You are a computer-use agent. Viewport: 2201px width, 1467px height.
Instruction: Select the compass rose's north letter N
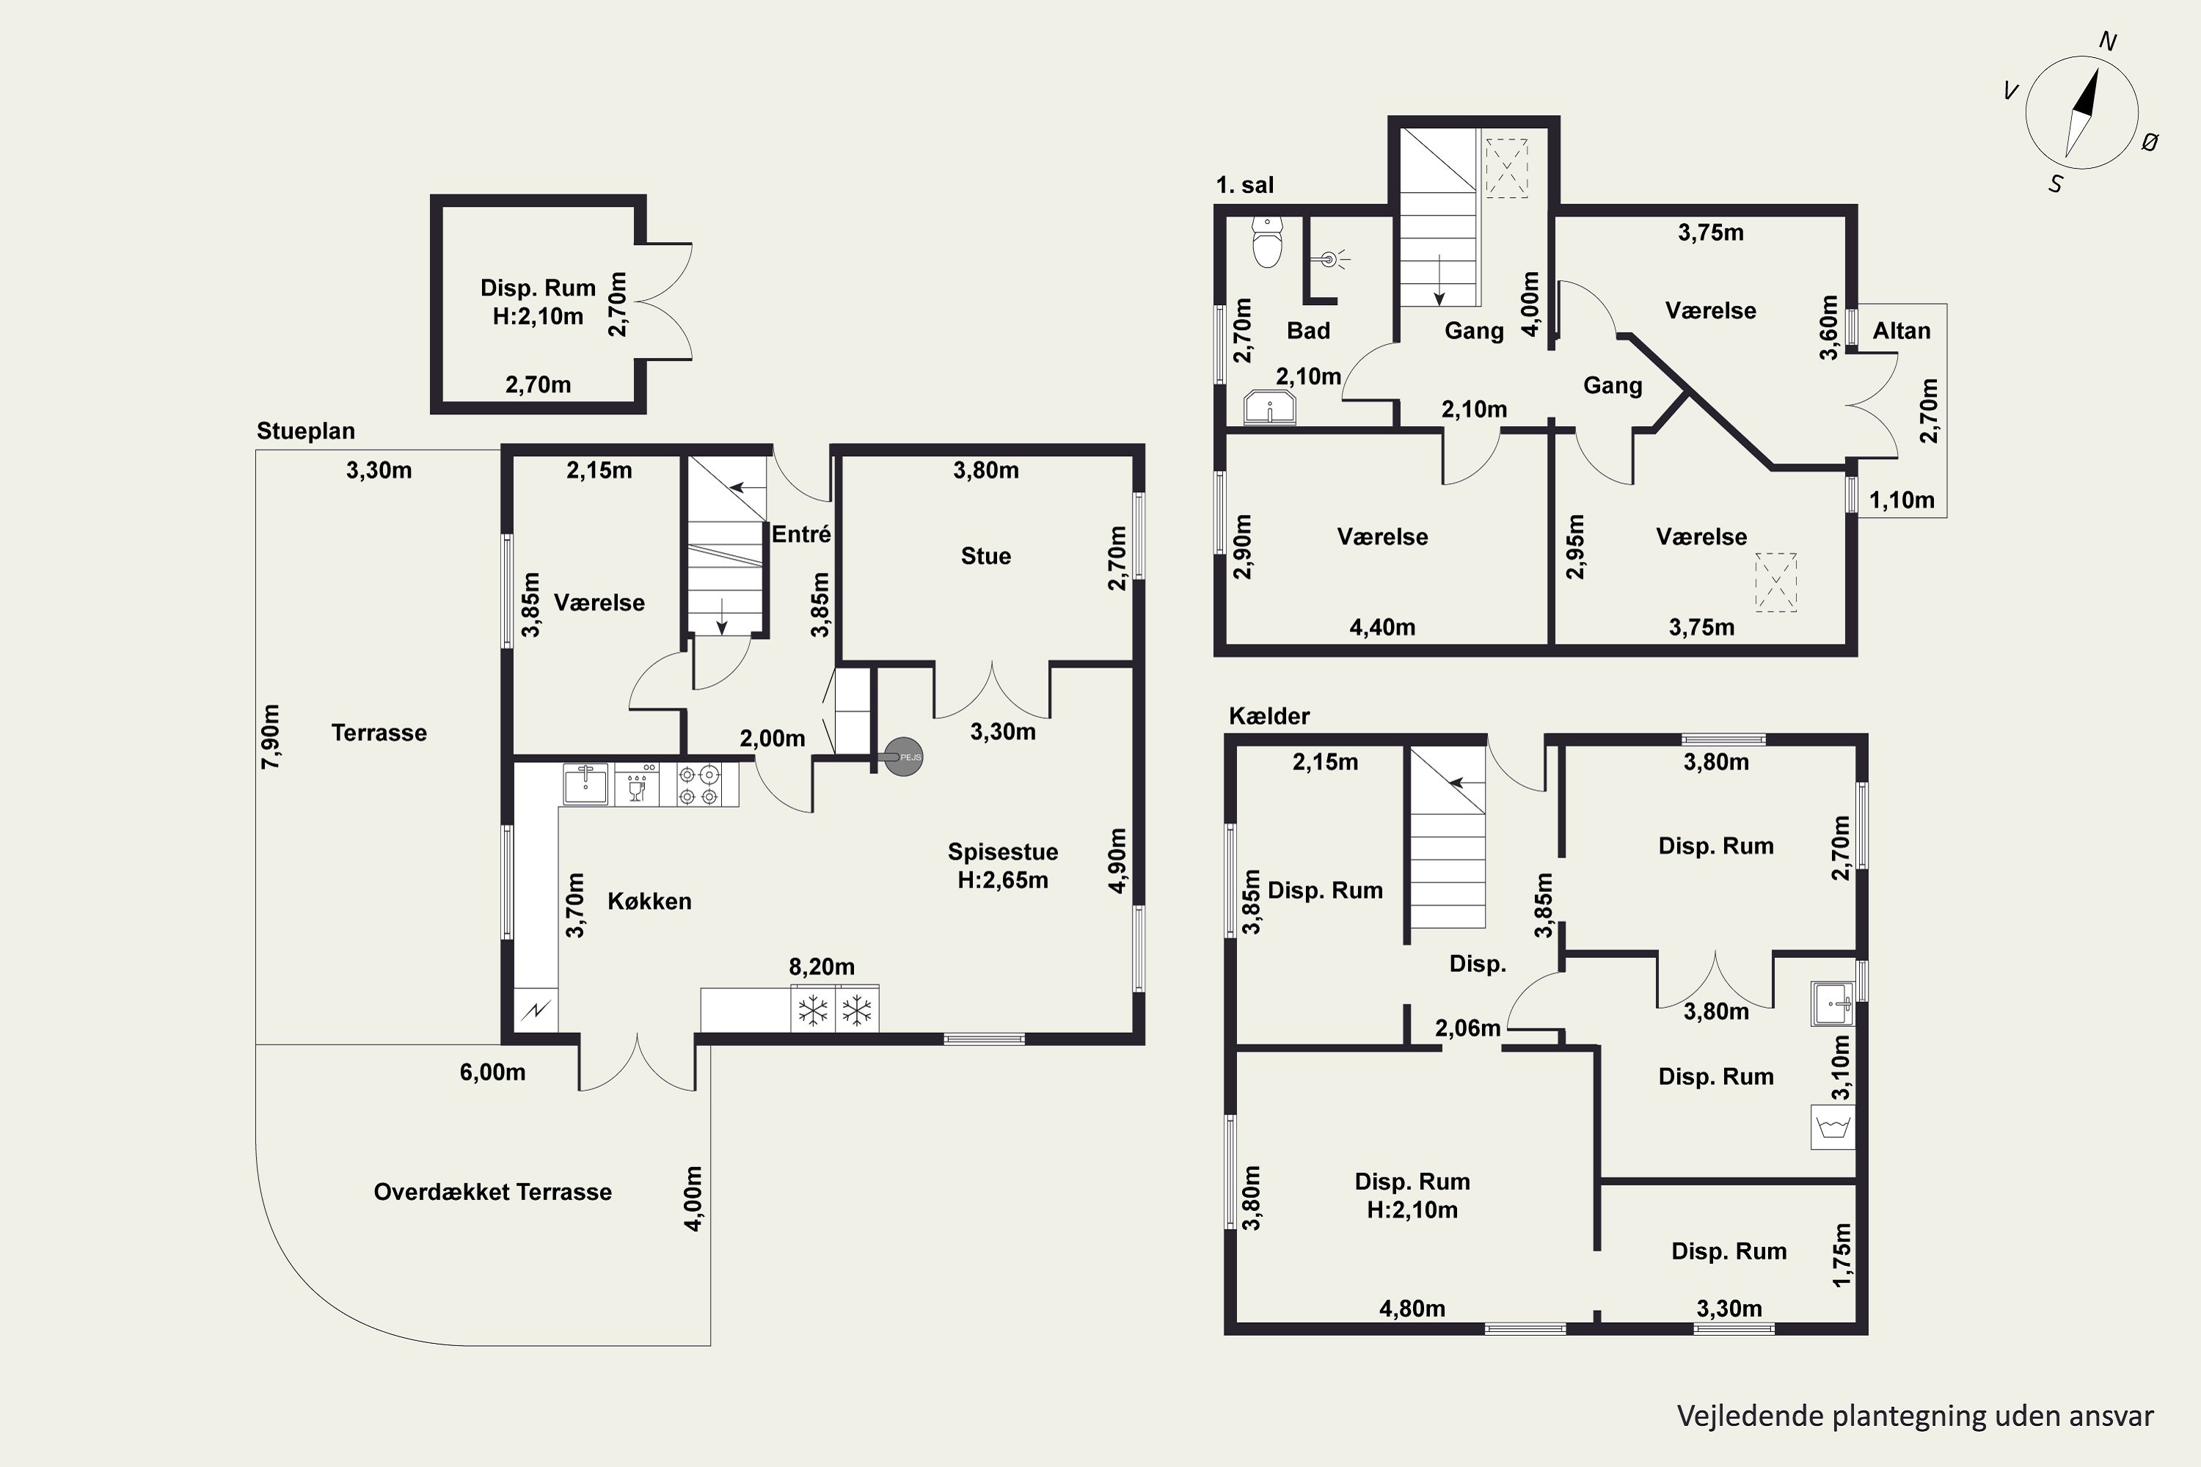coord(2109,41)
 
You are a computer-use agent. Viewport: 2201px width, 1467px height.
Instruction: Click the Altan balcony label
coord(1902,330)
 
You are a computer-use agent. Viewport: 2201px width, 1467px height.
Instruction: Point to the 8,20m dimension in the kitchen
coord(822,967)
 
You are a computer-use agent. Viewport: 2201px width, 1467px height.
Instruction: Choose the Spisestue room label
coord(1002,852)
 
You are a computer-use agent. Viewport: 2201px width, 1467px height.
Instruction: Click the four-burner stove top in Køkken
coord(699,785)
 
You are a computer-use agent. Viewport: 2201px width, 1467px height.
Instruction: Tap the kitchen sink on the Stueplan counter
coord(585,784)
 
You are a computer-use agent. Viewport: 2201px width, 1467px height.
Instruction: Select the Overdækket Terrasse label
coord(492,1192)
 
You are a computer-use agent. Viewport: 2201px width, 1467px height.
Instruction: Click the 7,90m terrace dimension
coord(271,737)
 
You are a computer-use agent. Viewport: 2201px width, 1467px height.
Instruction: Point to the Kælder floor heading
coord(1269,716)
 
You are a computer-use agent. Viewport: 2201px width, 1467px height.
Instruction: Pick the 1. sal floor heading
coord(1244,186)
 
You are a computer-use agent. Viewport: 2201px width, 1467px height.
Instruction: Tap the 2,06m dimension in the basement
coord(1467,1028)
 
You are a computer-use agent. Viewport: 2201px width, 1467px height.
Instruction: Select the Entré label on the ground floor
coord(801,534)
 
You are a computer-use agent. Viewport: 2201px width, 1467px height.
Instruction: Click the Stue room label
coord(985,556)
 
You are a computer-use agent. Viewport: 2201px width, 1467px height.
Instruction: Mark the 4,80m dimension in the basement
coord(1412,1309)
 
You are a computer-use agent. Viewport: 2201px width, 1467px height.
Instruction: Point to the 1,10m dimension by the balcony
coord(1902,500)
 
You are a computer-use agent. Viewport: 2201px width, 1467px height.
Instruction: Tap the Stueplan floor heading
coord(306,431)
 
